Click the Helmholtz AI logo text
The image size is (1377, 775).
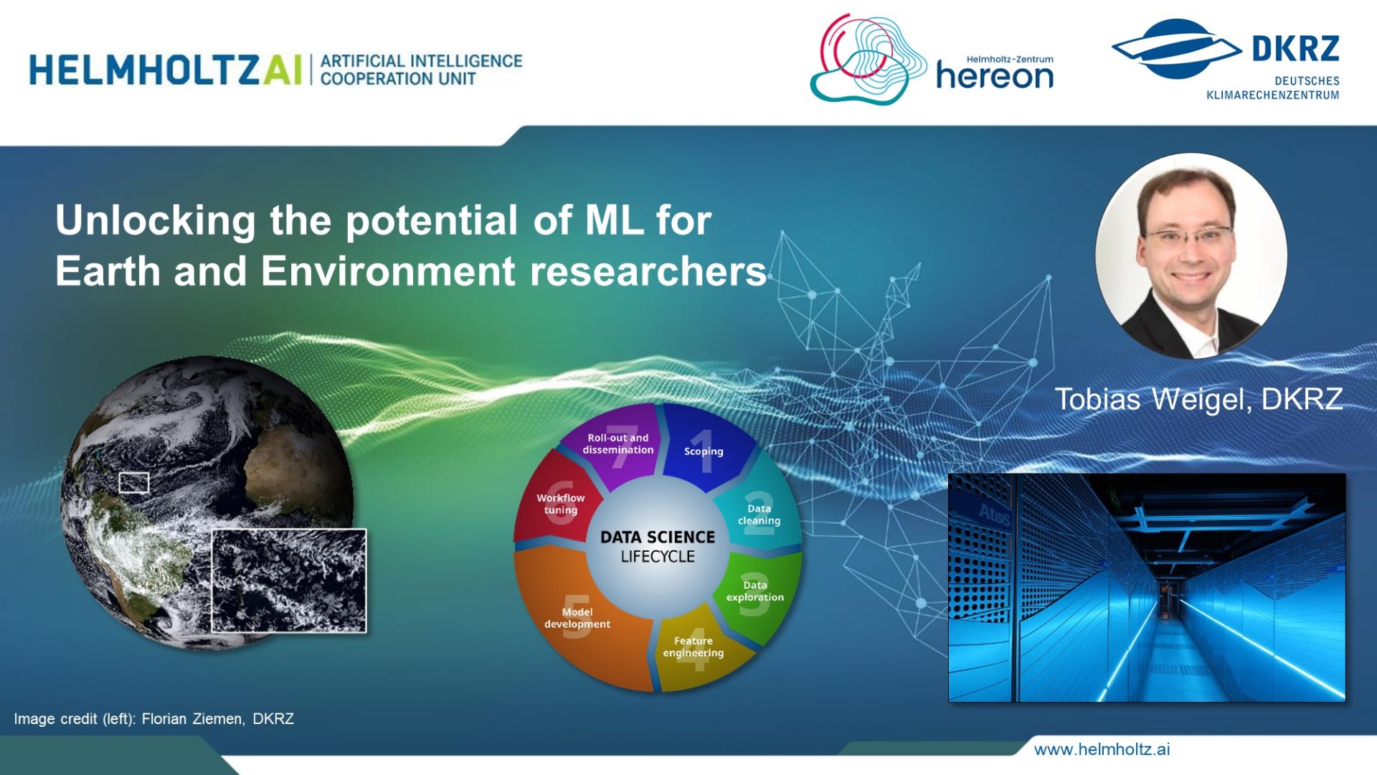(166, 70)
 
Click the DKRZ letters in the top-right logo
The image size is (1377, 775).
(1296, 49)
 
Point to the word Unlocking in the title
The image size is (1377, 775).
(156, 220)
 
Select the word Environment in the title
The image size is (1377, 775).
(387, 271)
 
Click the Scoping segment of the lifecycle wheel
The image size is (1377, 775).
(705, 448)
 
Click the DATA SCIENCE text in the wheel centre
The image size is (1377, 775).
(658, 537)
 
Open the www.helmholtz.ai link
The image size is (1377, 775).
(1102, 749)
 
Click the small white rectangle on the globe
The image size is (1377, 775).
(134, 482)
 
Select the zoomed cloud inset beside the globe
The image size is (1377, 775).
(289, 581)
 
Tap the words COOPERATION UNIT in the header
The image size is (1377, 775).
(398, 79)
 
